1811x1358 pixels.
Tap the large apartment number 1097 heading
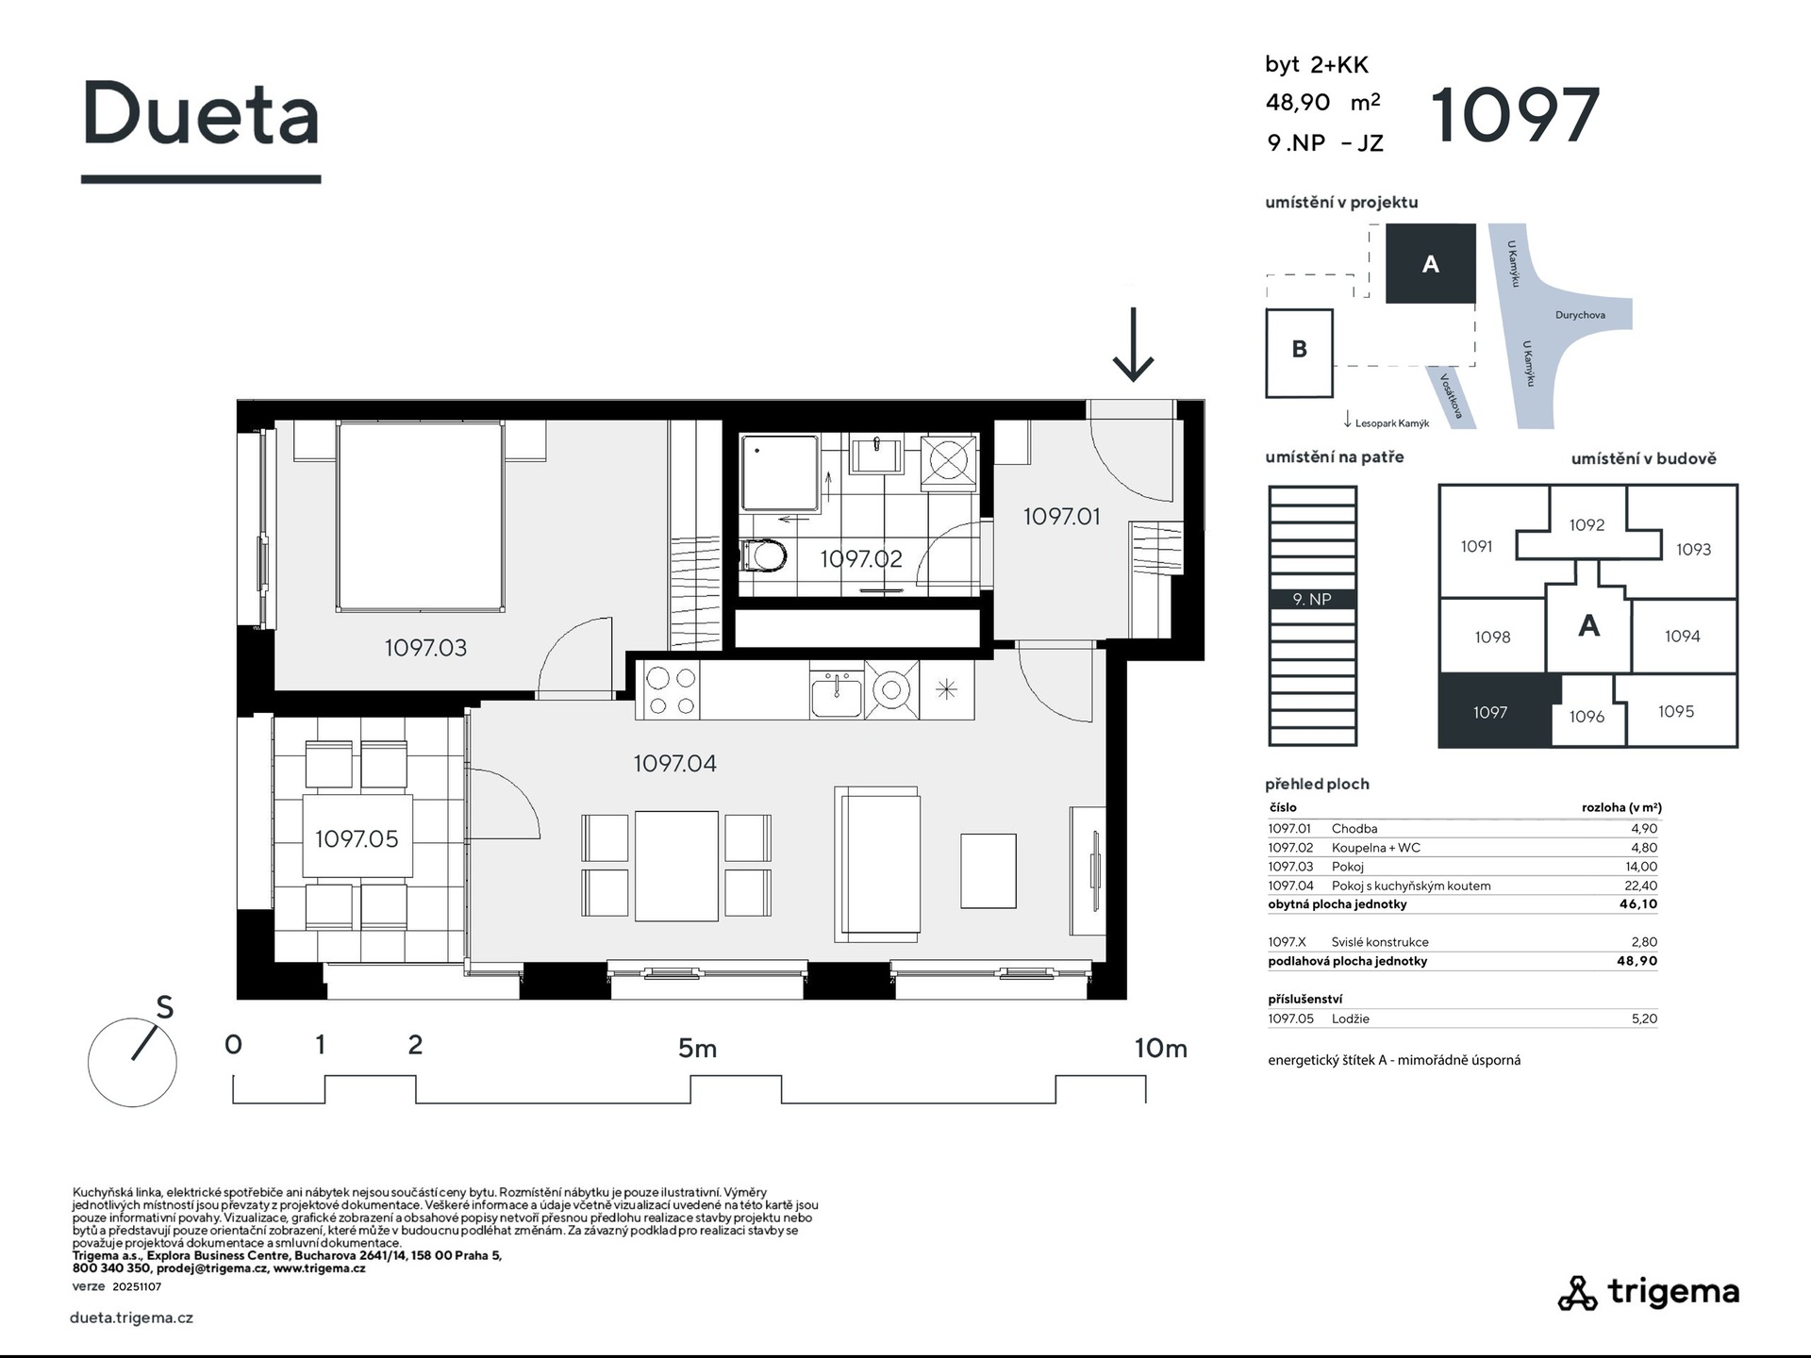(1516, 115)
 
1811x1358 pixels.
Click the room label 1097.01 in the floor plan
(1061, 516)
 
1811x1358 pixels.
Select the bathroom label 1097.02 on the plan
(860, 558)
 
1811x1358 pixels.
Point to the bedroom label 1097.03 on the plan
(425, 648)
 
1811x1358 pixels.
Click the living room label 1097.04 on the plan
(674, 763)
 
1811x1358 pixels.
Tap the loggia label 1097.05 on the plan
(357, 838)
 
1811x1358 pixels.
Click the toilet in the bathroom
(763, 555)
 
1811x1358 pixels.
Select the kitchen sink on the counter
(836, 694)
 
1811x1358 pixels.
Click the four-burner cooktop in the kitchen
(671, 691)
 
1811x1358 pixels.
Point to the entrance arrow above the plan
(1133, 344)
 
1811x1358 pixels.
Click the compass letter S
(165, 1007)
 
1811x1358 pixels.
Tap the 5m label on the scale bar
(697, 1048)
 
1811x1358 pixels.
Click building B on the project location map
(1299, 353)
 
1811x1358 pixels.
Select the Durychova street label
(1580, 315)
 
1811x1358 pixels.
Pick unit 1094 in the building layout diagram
(1682, 637)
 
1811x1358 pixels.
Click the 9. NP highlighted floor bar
(1312, 599)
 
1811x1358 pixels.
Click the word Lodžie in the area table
(1351, 1018)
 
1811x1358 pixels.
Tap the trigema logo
(1649, 1292)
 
